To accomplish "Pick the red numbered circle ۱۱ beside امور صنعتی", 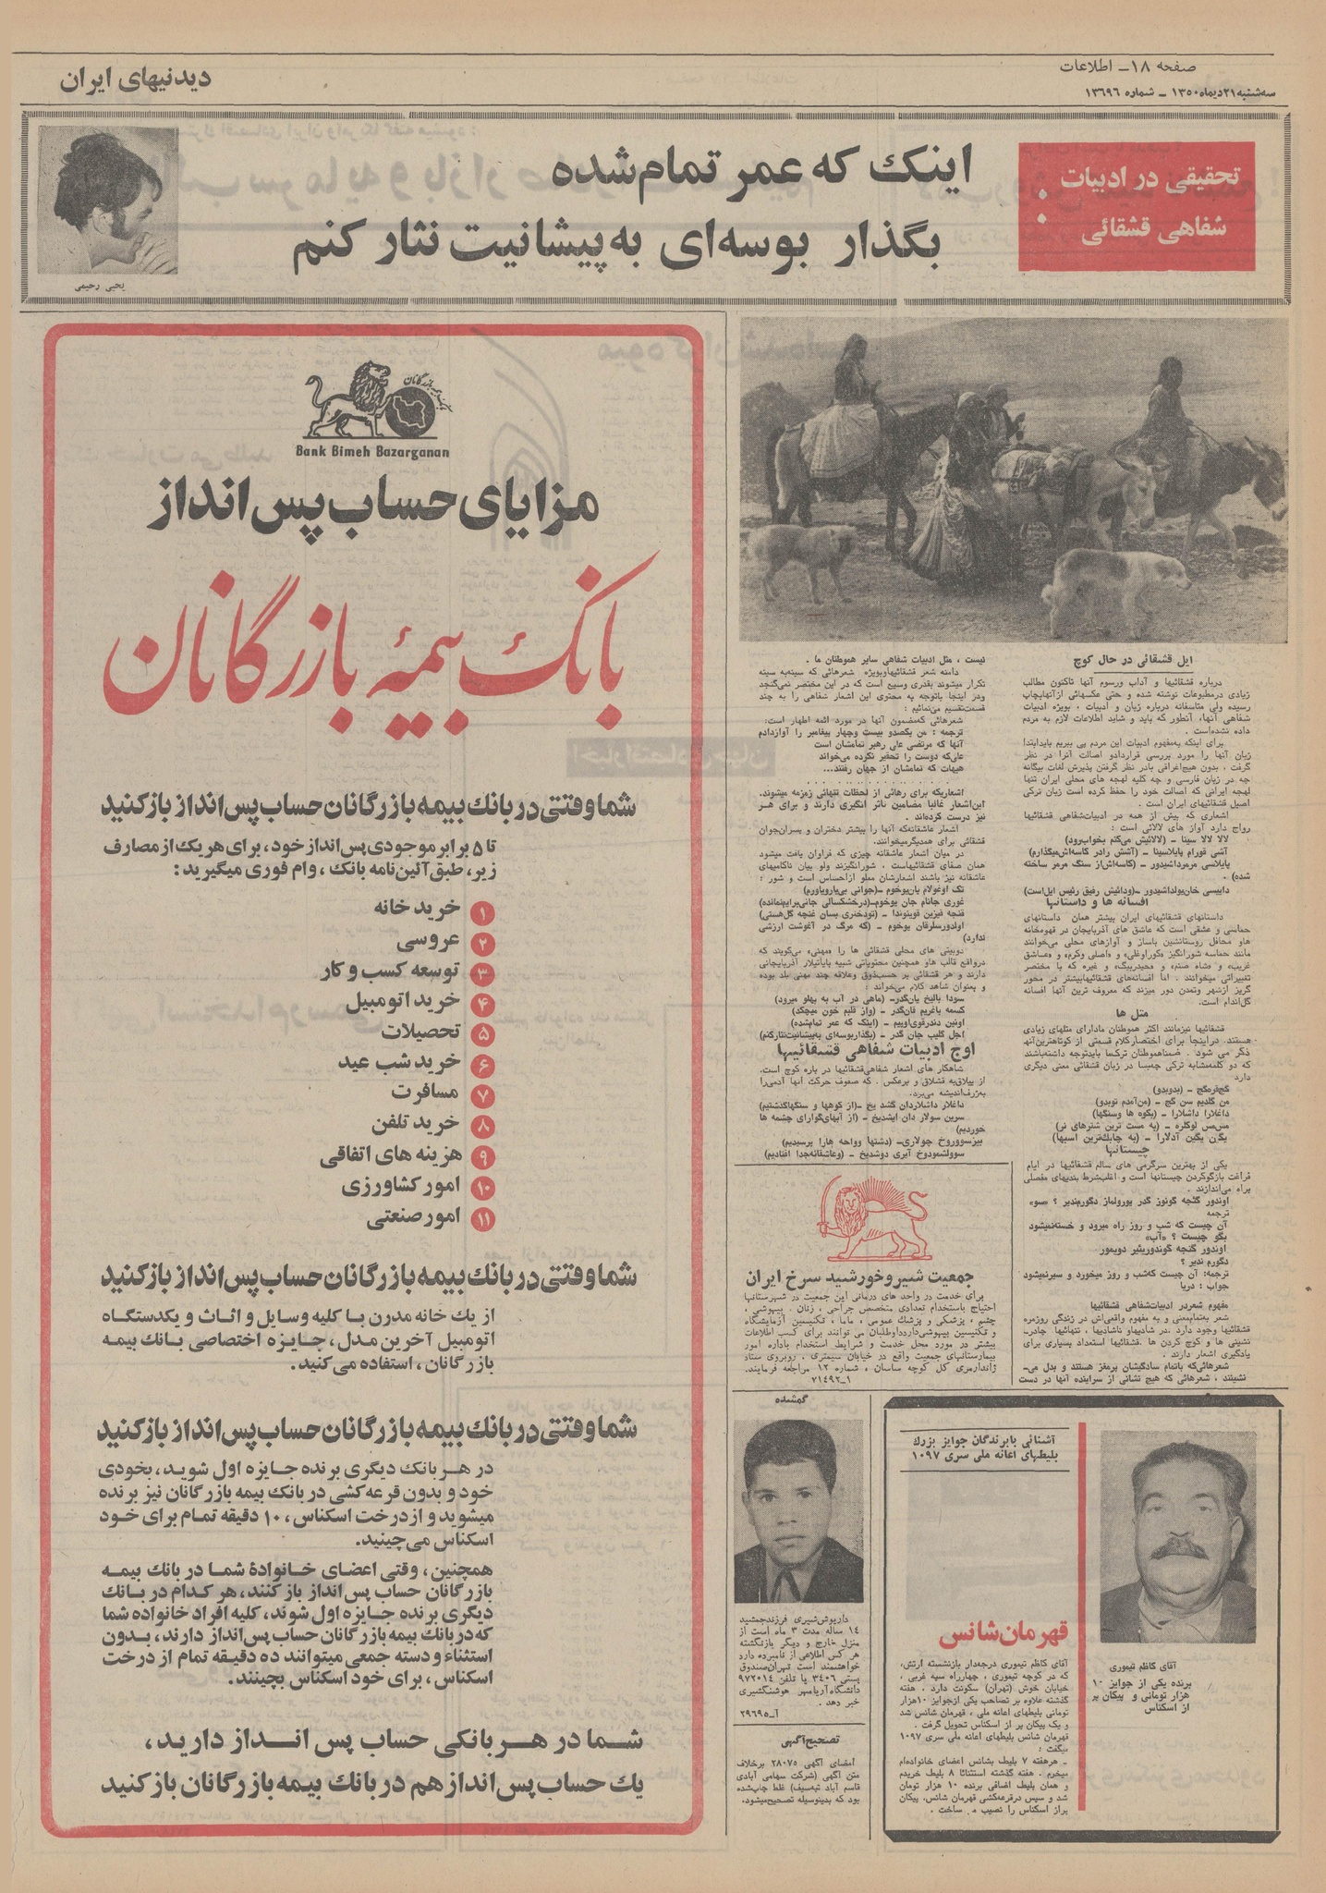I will [x=483, y=1219].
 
